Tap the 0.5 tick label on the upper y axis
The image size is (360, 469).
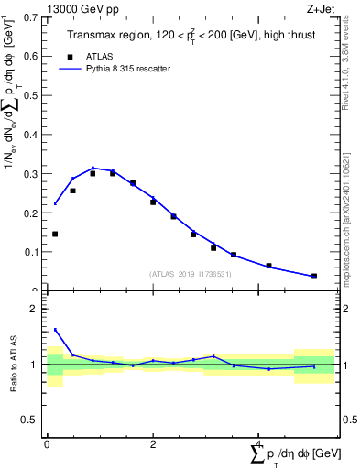tap(31, 95)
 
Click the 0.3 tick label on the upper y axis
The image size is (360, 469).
tap(31, 173)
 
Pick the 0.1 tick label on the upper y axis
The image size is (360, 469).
tap(31, 251)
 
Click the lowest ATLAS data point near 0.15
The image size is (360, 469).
tap(55, 234)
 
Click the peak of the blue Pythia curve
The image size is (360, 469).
tap(93, 168)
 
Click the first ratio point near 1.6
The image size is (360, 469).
tap(55, 330)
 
